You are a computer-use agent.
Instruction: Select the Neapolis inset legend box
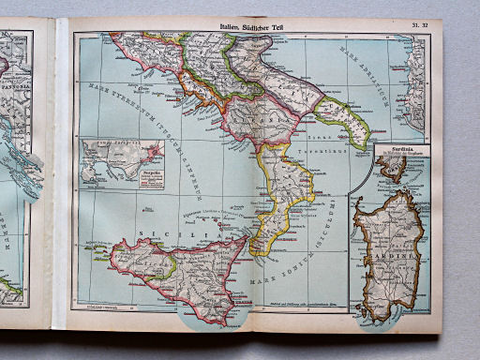coord(144,174)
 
